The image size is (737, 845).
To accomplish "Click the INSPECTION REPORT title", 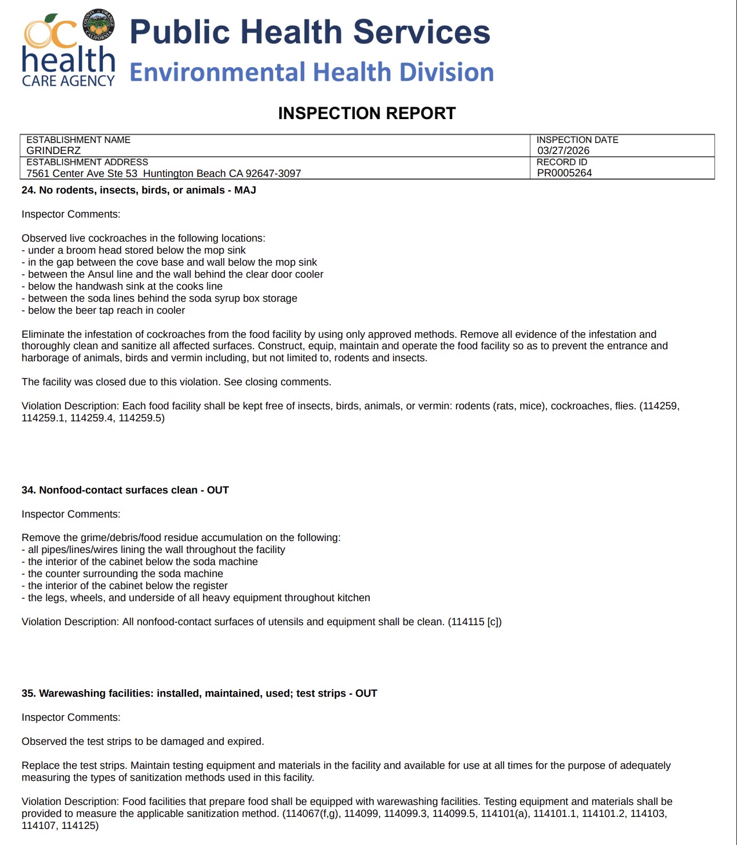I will pos(367,113).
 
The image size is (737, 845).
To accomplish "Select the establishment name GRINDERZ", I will pos(53,151).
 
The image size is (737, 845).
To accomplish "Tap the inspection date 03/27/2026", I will pos(563,151).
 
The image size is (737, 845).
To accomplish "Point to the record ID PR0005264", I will pos(564,173).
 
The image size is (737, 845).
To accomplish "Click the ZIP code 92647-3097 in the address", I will pos(274,173).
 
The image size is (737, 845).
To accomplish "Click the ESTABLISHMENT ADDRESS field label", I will pos(87,162).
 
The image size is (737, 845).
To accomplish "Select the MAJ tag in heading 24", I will pos(245,190).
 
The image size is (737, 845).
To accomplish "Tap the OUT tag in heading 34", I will pos(217,490).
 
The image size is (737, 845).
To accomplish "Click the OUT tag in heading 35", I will pos(366,693).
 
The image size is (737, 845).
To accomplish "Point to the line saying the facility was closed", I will pos(176,382).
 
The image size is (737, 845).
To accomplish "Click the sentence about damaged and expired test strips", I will pos(142,741).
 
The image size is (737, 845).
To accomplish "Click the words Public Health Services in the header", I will pos(310,32).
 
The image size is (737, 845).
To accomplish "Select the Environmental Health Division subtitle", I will pos(311,73).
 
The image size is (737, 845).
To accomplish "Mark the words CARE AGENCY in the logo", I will pos(68,81).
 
